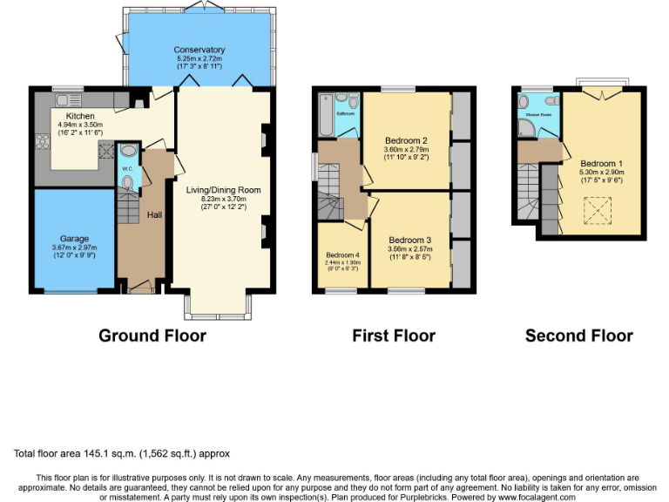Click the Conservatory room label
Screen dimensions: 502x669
coord(199,50)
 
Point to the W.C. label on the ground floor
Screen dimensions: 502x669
coord(126,168)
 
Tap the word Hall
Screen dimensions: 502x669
coord(154,214)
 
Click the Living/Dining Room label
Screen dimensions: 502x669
coord(223,189)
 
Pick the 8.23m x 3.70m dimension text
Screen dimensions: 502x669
coord(223,199)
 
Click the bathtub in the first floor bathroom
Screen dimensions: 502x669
coord(327,114)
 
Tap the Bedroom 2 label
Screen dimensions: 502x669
coord(406,140)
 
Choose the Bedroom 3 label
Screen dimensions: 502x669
coord(410,240)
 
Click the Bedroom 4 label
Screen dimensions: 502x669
coord(341,254)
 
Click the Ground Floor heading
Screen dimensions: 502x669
coord(152,336)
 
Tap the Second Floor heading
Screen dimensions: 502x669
coord(578,336)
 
